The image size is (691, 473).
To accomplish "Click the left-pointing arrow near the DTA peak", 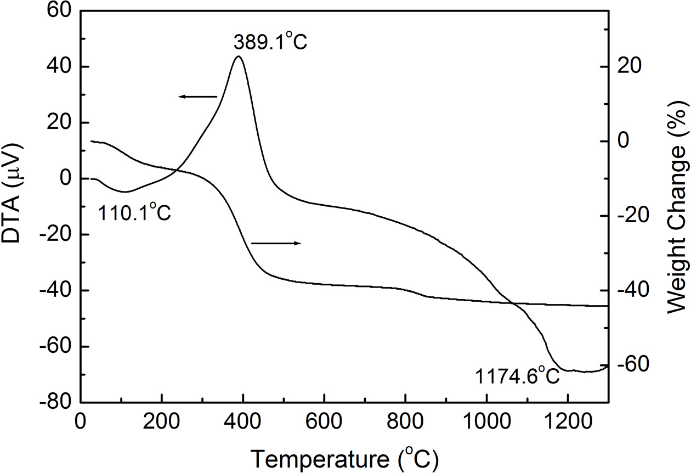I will coord(197,97).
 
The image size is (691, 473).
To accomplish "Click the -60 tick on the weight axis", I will coord(632,365).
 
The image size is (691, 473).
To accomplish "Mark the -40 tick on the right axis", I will coord(632,291).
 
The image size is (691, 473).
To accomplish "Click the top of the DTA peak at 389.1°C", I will coord(238,57).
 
